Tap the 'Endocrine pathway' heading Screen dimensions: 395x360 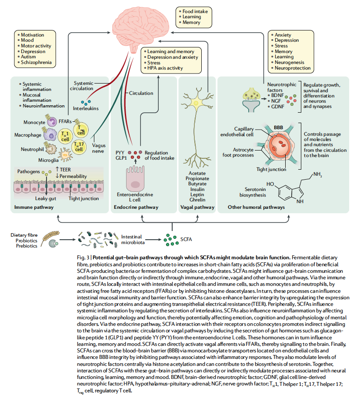(x=136, y=207)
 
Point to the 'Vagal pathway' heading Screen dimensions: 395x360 (x=197, y=207)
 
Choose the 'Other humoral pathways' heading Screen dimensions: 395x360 (x=257, y=207)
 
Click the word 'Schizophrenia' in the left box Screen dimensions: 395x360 (x=37, y=63)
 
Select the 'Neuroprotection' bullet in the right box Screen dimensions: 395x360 (x=293, y=68)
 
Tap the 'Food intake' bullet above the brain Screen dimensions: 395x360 (x=195, y=11)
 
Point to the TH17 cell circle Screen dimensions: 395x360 (x=79, y=147)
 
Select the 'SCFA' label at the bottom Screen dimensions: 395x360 (x=186, y=239)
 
